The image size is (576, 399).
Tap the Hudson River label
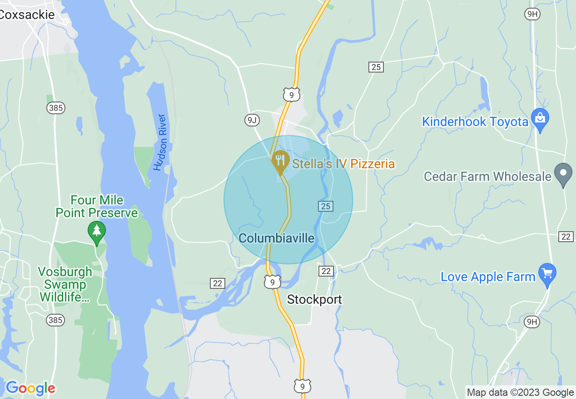(x=160, y=142)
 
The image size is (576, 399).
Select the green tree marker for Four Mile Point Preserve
(x=96, y=232)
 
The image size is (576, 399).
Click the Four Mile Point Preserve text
(x=97, y=206)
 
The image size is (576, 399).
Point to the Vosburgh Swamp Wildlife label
(x=65, y=284)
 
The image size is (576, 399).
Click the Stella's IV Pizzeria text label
(x=343, y=164)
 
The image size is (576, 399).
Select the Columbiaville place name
(x=277, y=238)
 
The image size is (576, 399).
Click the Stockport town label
(x=314, y=299)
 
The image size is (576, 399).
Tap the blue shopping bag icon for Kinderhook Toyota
(x=540, y=119)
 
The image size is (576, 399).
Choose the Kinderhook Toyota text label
(x=475, y=122)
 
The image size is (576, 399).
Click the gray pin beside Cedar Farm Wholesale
(x=563, y=174)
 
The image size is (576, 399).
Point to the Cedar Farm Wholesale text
(x=487, y=176)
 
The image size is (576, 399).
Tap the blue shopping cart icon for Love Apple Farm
(x=547, y=274)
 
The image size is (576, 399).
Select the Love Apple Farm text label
(x=488, y=277)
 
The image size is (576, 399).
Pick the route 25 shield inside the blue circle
(x=325, y=206)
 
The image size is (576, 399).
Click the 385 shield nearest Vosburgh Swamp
(x=55, y=320)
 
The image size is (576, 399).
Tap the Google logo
(x=30, y=388)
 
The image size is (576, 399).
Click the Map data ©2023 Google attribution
(x=520, y=393)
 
